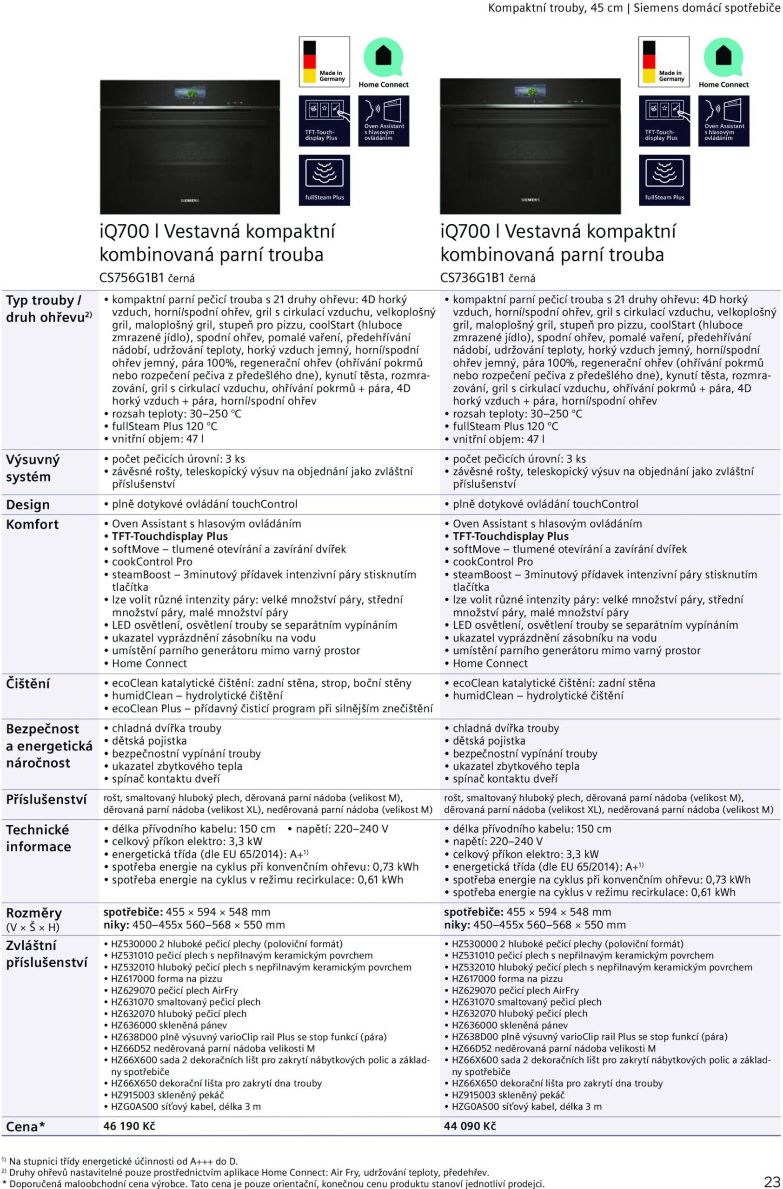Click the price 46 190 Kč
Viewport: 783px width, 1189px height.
(x=129, y=1125)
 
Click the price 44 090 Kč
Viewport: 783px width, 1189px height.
(x=470, y=1125)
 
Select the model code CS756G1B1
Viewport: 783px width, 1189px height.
(x=132, y=278)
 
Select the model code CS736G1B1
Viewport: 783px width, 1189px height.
(x=472, y=278)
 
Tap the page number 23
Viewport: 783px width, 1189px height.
(x=771, y=1181)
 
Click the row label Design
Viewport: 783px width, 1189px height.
(x=28, y=504)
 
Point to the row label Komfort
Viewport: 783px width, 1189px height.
(x=32, y=524)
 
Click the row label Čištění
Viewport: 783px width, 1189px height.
(x=28, y=683)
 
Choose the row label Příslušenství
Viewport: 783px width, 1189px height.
(x=46, y=799)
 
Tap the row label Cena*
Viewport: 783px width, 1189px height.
(x=26, y=1127)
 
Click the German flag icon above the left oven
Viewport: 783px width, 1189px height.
(x=310, y=61)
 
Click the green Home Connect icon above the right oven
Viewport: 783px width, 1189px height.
(x=723, y=57)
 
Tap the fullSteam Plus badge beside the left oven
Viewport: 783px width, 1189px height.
(x=324, y=180)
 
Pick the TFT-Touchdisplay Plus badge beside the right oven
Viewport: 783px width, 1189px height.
(x=664, y=121)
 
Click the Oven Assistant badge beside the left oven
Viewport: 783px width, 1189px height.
(x=384, y=121)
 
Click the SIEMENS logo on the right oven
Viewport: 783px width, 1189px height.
(x=530, y=200)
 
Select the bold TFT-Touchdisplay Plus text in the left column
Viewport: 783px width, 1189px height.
(x=170, y=536)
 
